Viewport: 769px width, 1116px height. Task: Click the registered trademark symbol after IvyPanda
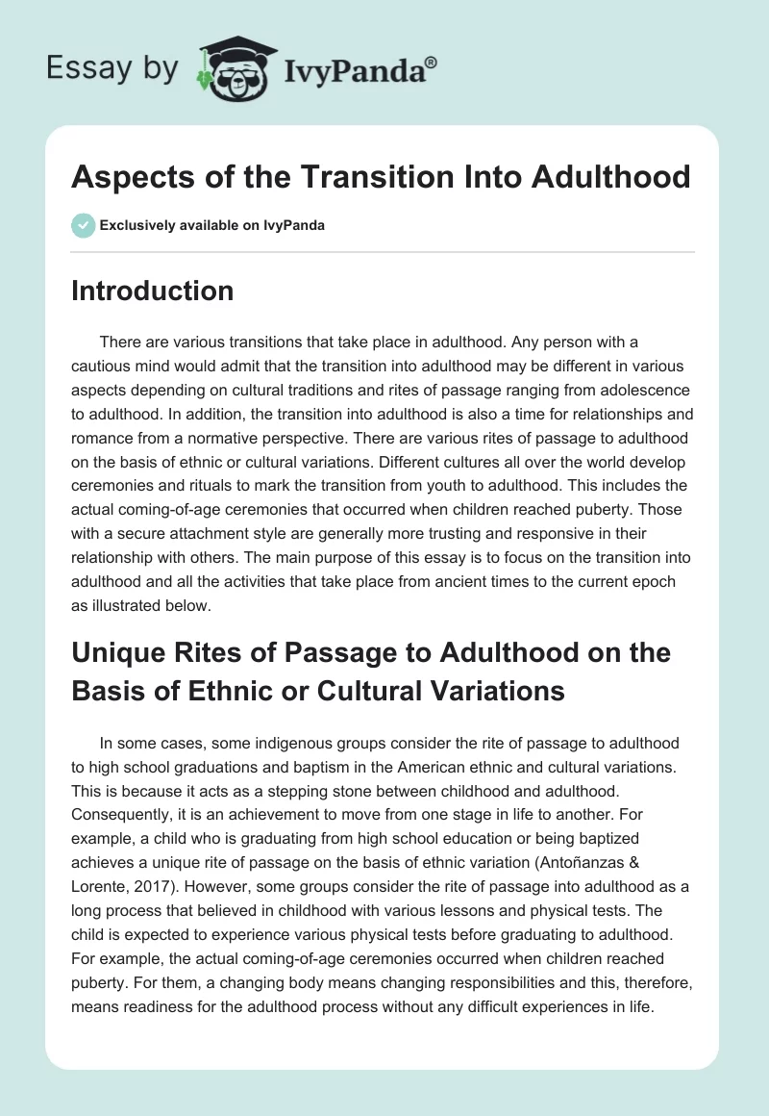[432, 61]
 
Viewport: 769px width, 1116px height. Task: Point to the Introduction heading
[152, 291]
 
